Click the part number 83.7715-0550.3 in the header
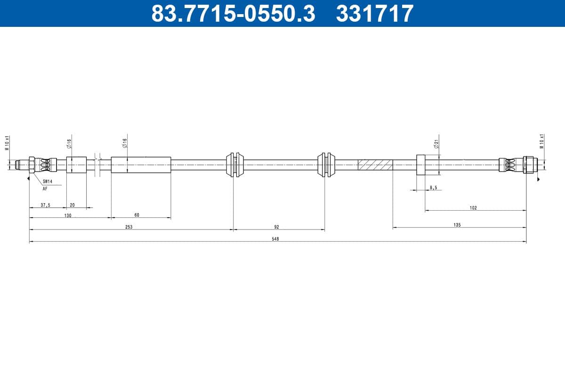tap(233, 13)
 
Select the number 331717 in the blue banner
tap(374, 13)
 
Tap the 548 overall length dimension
tap(275, 239)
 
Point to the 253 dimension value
tap(129, 227)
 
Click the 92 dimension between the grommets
tap(277, 227)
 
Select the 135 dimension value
tap(457, 225)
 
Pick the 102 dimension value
tap(473, 208)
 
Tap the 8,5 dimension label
tap(433, 188)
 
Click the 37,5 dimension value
tap(45, 205)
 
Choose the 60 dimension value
tap(137, 215)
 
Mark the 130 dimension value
tap(68, 215)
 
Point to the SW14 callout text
tap(48, 181)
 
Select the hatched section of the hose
tap(375, 165)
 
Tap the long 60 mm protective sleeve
tap(141, 165)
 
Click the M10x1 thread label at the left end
tap(7, 142)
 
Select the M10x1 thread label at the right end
tap(542, 141)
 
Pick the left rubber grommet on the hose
tap(234, 164)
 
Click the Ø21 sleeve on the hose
tap(420, 164)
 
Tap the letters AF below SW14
tap(45, 188)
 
